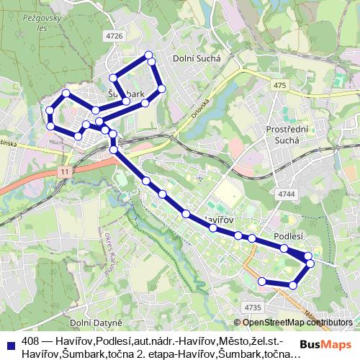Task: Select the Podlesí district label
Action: click(289, 235)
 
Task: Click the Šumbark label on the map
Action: click(127, 94)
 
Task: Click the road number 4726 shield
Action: click(114, 35)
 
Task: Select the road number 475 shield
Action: click(280, 86)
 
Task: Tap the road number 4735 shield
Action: click(252, 307)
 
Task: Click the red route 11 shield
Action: click(66, 172)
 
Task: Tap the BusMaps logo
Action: click(325, 345)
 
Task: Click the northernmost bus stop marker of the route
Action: click(149, 55)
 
